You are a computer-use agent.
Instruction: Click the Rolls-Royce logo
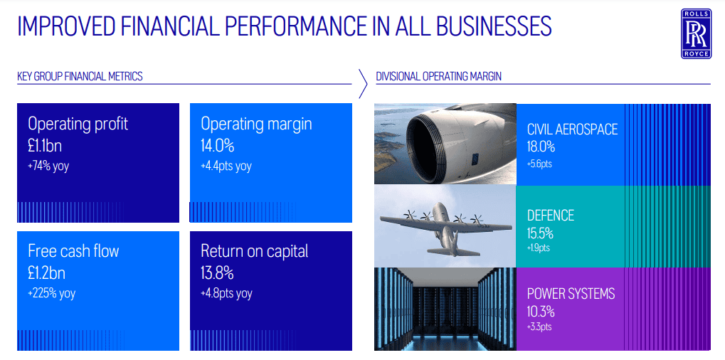click(697, 33)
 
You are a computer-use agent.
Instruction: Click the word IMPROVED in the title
click(65, 27)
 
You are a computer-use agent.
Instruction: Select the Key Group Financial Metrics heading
click(80, 76)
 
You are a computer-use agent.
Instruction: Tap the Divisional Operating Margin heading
click(439, 76)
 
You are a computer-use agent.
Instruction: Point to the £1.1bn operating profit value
click(45, 146)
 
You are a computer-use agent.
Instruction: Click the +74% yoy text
click(48, 166)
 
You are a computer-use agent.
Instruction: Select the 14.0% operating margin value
click(217, 146)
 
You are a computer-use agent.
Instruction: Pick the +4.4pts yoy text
click(226, 166)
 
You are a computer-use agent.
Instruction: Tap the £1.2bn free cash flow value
click(46, 273)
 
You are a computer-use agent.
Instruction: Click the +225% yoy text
click(51, 293)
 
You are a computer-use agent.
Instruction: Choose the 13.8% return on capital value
click(217, 273)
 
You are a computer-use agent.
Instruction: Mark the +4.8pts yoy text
click(226, 293)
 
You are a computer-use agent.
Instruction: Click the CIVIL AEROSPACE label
click(573, 129)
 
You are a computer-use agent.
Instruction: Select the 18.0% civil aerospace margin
click(541, 147)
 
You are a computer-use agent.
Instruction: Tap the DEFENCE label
click(551, 216)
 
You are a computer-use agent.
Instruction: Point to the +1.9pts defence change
click(538, 248)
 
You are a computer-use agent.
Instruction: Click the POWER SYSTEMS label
click(571, 293)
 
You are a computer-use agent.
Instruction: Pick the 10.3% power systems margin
click(541, 312)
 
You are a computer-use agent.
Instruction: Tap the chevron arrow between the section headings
click(363, 84)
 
